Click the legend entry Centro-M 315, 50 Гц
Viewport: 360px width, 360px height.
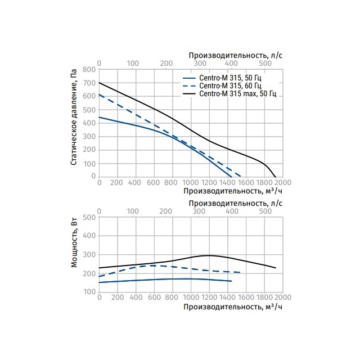point(222,78)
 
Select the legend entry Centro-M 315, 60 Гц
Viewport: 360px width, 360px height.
point(222,86)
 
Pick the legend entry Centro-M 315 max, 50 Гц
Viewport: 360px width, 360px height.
point(229,94)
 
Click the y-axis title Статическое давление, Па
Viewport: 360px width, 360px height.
point(74,117)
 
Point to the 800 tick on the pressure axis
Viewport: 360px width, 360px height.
point(89,69)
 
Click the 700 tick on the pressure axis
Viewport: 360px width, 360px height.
point(89,83)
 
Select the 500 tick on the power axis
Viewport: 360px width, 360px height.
point(89,217)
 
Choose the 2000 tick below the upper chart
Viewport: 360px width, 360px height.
point(282,182)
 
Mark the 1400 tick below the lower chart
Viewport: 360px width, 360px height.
point(228,298)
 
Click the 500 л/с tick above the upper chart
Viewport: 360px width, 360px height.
point(265,64)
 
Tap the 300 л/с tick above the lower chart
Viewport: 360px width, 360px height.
point(199,211)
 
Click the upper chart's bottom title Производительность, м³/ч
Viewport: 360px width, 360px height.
point(233,191)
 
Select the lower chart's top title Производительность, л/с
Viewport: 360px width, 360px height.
point(236,204)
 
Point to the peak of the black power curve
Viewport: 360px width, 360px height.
point(209,255)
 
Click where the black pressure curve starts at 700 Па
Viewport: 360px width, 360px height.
point(99,83)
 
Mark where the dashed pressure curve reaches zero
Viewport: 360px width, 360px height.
point(241,176)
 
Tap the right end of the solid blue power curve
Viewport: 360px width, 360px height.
point(231,281)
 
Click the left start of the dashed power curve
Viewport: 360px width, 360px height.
point(99,276)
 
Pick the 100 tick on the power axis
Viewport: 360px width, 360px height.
point(89,292)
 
